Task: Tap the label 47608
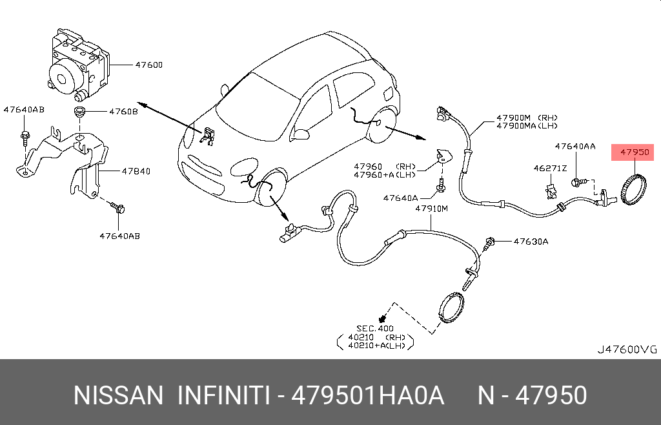pyautogui.click(x=123, y=112)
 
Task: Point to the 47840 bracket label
pyautogui.click(x=136, y=171)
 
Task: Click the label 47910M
pyautogui.click(x=431, y=209)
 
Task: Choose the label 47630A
pyautogui.click(x=531, y=242)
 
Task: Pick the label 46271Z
pyautogui.click(x=549, y=168)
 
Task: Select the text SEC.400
pyautogui.click(x=375, y=328)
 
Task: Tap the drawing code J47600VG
pyautogui.click(x=626, y=349)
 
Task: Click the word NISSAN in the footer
pyautogui.click(x=119, y=395)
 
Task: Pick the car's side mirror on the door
pyautogui.click(x=301, y=134)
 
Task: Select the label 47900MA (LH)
pyautogui.click(x=526, y=127)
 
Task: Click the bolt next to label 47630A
pyautogui.click(x=489, y=242)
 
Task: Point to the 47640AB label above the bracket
pyautogui.click(x=24, y=110)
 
